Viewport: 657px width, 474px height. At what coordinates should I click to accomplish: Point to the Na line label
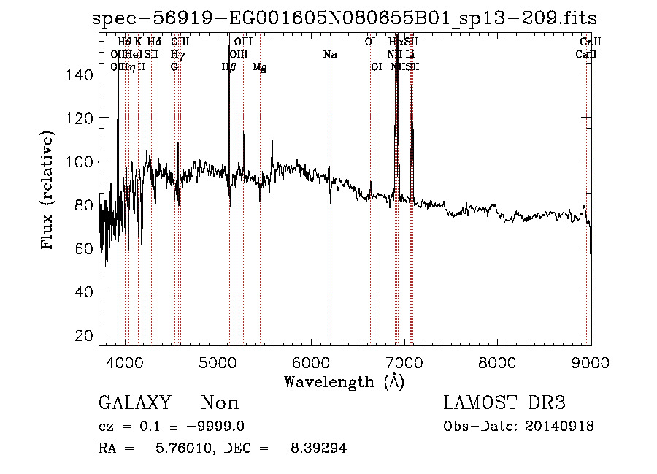pos(331,55)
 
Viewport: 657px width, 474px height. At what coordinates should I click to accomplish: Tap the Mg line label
pos(259,67)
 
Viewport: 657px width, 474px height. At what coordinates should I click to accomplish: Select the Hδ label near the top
pos(153,42)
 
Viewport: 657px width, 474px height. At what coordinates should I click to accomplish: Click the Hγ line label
pos(177,55)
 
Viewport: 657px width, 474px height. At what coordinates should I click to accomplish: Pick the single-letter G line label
pos(174,67)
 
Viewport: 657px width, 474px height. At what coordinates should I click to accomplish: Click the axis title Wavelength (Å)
pos(344,381)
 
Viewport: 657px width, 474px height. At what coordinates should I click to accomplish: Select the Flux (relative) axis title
pos(49,191)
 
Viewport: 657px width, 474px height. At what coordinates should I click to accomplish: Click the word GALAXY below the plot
pos(134,403)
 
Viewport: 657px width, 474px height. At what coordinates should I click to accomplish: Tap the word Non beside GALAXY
pos(220,403)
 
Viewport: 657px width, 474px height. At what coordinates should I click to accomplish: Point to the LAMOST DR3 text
pos(504,403)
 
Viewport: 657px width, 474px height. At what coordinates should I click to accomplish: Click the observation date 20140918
pos(561,427)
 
